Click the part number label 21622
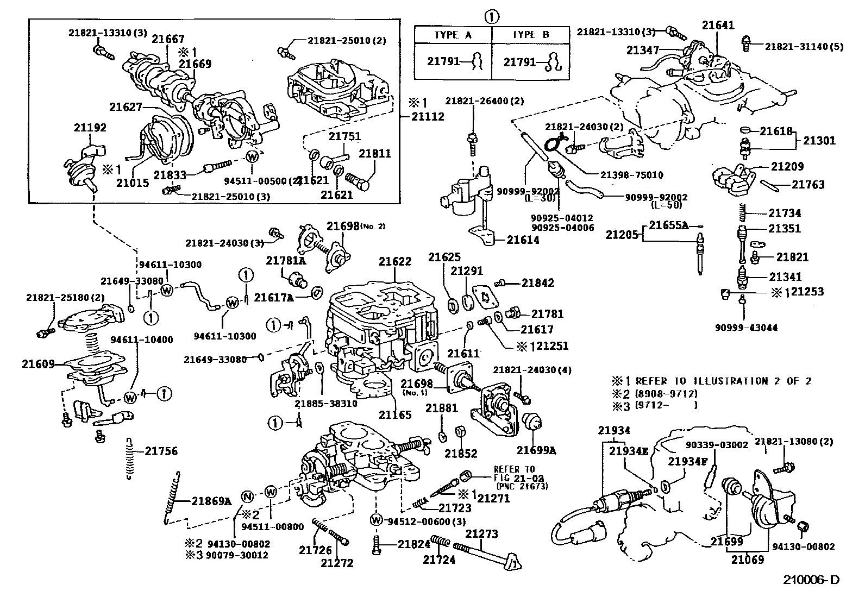395,261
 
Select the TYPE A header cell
453,35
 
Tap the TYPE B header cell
531,35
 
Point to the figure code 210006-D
811,580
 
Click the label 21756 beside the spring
161,451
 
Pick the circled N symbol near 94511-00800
247,495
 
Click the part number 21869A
211,501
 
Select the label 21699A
536,450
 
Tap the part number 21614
523,240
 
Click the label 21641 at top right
718,25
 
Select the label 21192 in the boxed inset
90,128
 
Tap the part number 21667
168,39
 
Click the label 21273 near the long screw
481,535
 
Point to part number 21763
807,185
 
